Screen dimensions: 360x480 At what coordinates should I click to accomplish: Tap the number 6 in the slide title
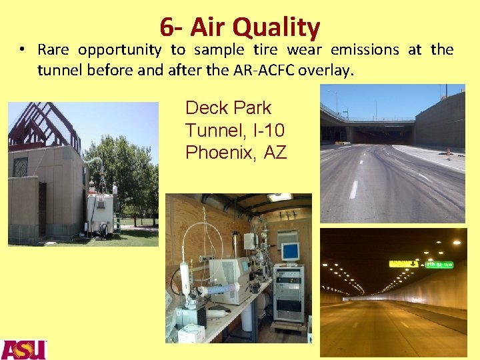point(166,27)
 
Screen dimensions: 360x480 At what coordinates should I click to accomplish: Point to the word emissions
point(365,50)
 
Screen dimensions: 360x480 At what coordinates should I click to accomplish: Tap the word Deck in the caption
point(205,108)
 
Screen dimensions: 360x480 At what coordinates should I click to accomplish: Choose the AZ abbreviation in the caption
point(275,153)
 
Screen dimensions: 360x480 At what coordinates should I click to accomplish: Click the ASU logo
point(23,349)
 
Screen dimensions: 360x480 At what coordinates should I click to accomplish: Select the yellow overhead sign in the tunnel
point(404,263)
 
